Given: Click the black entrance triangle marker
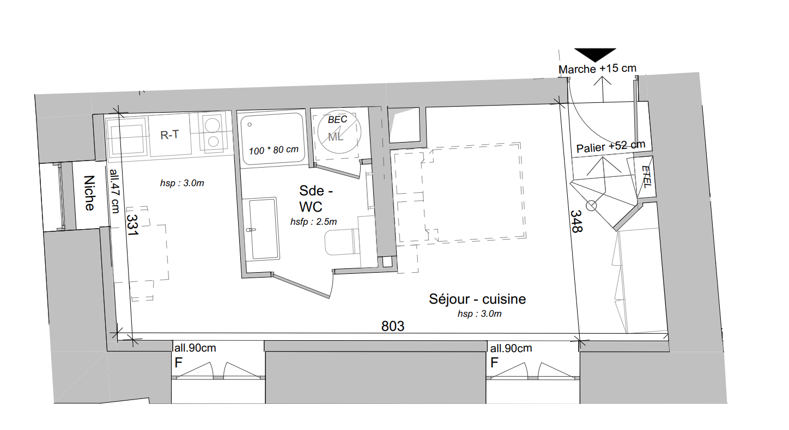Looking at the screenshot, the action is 595,54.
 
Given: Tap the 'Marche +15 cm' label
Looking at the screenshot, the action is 597,69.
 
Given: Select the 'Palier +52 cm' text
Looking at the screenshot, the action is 611,146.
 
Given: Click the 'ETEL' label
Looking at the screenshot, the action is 647,177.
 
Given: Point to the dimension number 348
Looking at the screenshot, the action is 576,222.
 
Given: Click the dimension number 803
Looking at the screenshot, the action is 393,326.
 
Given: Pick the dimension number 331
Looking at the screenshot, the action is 132,225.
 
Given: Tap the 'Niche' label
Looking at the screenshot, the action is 89,193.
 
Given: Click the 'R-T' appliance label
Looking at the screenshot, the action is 169,135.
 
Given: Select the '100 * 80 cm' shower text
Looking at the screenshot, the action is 274,150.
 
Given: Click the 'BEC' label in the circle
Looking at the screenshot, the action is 337,120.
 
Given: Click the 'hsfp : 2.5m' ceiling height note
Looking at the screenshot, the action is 313,222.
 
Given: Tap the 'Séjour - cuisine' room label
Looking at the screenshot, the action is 477,299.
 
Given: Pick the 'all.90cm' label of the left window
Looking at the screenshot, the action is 195,348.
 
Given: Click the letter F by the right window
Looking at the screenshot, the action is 495,363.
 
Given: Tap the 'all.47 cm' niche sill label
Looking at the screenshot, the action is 115,191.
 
